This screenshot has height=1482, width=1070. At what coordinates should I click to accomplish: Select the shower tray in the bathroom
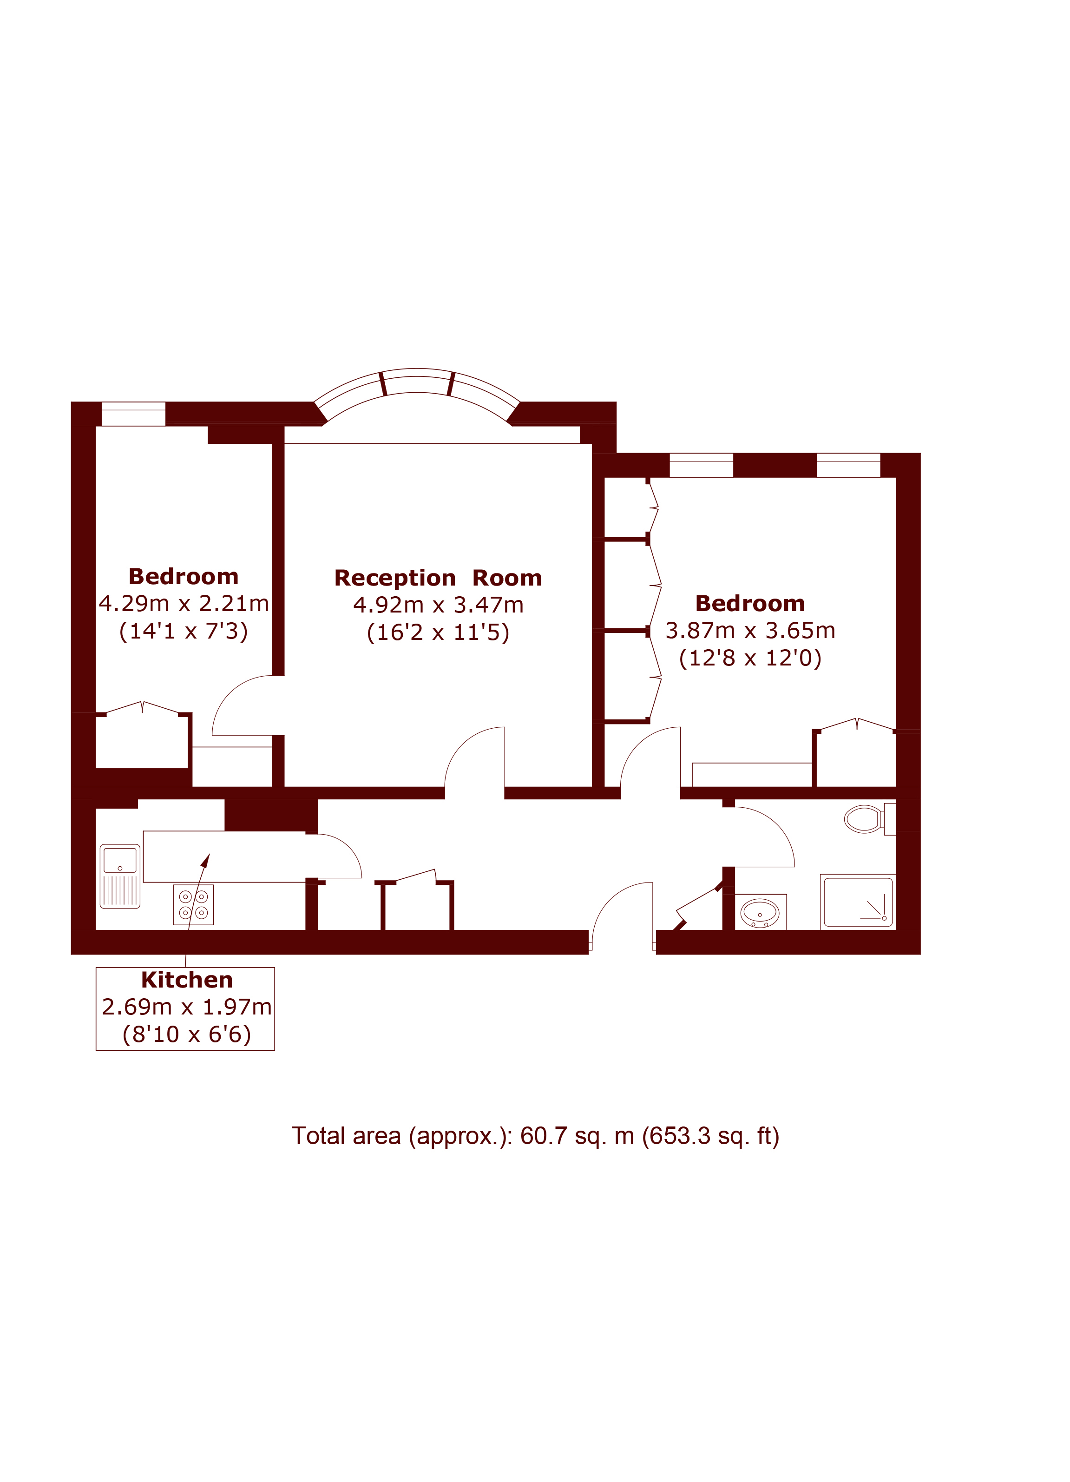pos(858,902)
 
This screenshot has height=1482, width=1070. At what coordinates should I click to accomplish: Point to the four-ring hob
pos(193,904)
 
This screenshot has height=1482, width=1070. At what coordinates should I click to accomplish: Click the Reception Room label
pos(438,578)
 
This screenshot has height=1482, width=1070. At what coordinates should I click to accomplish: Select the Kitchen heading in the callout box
pos(187,980)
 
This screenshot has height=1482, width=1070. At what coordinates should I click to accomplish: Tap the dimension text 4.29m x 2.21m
pos(184,604)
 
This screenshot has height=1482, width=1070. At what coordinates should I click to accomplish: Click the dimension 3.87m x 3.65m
pos(750,631)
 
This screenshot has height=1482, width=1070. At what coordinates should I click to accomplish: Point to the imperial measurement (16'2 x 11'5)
pos(438,632)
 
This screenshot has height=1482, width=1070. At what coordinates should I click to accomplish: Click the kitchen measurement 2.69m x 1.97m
pos(187,1007)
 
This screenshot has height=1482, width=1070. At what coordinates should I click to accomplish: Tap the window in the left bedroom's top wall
pos(133,414)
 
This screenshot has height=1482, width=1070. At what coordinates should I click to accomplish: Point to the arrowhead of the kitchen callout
pos(206,860)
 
